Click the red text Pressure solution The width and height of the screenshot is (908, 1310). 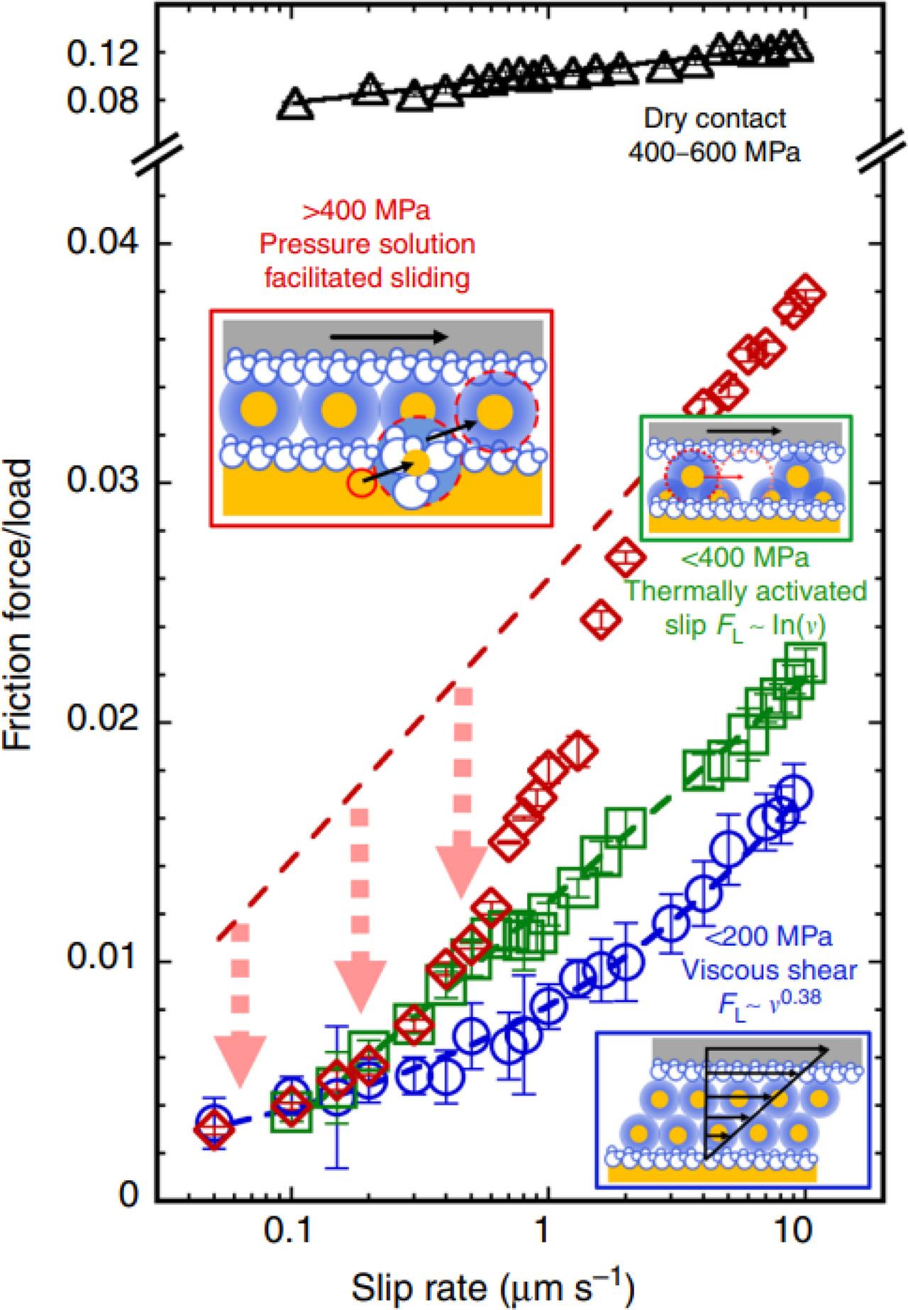367,245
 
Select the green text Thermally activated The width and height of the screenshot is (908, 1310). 746,590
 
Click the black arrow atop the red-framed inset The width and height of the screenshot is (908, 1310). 389,337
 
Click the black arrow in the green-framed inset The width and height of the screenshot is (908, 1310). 744,431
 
